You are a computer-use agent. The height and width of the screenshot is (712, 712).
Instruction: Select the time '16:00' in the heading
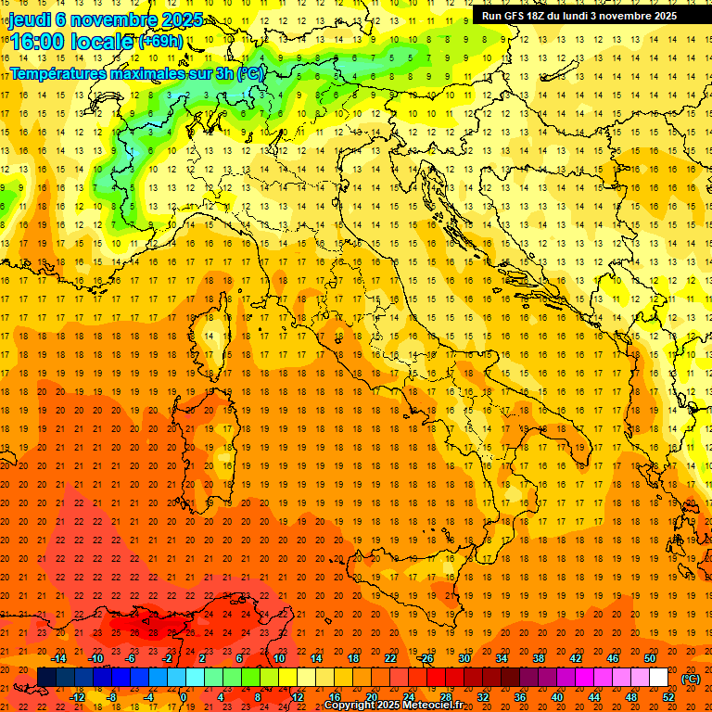[38, 42]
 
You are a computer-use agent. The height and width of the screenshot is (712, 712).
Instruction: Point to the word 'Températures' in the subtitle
[58, 72]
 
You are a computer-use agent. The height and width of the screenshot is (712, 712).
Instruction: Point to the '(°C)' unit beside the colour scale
[691, 678]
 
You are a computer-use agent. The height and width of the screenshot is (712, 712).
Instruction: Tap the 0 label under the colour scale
[184, 697]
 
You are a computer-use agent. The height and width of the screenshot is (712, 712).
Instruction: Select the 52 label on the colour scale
[668, 697]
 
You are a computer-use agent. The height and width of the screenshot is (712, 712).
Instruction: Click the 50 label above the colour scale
[650, 658]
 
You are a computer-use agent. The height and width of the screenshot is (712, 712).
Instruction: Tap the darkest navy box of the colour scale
[46, 678]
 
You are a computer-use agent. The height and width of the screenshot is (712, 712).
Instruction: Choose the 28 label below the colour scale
[445, 697]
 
